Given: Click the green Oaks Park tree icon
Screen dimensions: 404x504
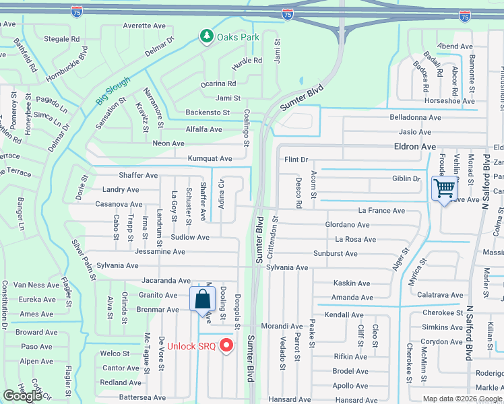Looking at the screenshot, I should click(206, 36).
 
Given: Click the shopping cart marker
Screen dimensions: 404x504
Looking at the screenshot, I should click(444, 189).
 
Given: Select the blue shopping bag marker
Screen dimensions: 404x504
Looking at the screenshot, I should click(202, 299).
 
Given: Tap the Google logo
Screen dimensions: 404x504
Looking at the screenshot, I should click(23, 396).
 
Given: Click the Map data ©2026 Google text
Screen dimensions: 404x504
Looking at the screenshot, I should click(462, 399).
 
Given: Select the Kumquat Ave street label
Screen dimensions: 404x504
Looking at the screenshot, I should click(211, 159).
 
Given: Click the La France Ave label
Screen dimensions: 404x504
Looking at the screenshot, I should click(381, 211).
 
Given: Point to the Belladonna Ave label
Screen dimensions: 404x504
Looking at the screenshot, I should click(415, 117).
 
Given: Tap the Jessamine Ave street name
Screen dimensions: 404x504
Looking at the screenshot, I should click(160, 252).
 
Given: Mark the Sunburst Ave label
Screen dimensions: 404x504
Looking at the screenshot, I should click(335, 254).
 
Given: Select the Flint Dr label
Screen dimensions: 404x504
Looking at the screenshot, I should click(296, 160).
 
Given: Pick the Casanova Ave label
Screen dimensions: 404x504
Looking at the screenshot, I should click(119, 204).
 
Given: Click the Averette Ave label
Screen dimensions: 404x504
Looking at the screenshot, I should click(144, 26).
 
